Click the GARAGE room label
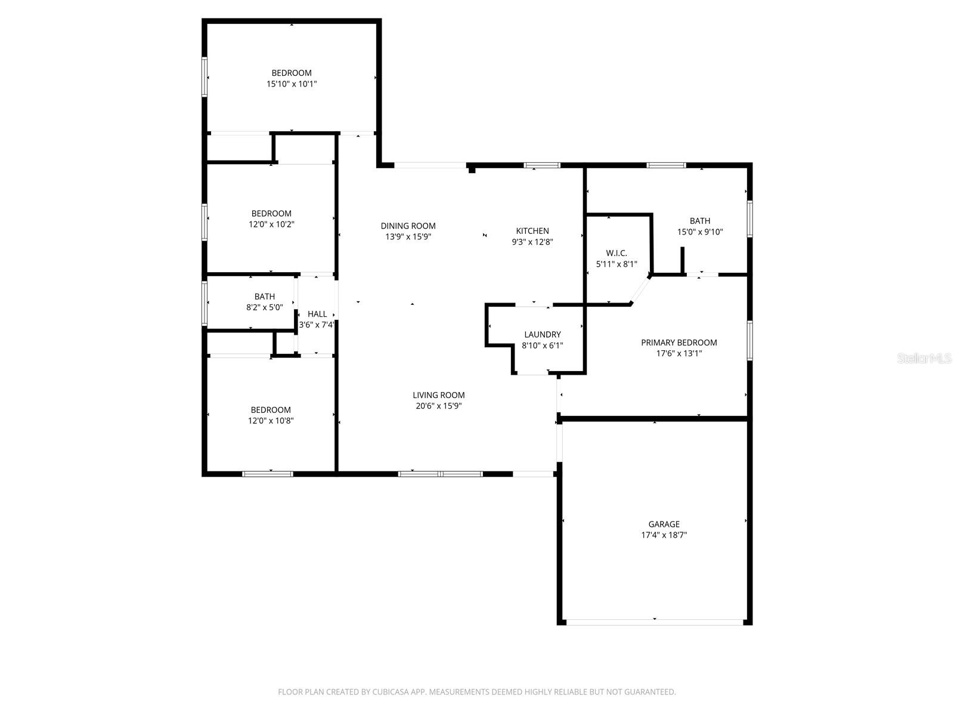click(x=664, y=524)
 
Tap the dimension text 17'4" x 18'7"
click(x=664, y=535)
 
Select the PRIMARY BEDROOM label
click(x=679, y=342)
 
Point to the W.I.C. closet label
click(x=616, y=253)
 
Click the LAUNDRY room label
click(x=542, y=335)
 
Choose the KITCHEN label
click(x=532, y=231)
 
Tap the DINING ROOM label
click(x=408, y=226)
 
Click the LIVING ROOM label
click(x=438, y=395)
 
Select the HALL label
click(x=317, y=314)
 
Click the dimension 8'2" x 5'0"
click(x=265, y=307)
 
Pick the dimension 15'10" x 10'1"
click(x=292, y=84)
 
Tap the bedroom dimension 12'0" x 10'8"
click(x=271, y=421)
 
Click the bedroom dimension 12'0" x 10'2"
click(x=271, y=224)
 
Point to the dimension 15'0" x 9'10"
click(x=699, y=232)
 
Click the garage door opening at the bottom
click(x=655, y=622)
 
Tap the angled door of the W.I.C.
click(x=640, y=291)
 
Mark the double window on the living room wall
click(x=440, y=474)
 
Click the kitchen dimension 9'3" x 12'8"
click(x=532, y=242)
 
